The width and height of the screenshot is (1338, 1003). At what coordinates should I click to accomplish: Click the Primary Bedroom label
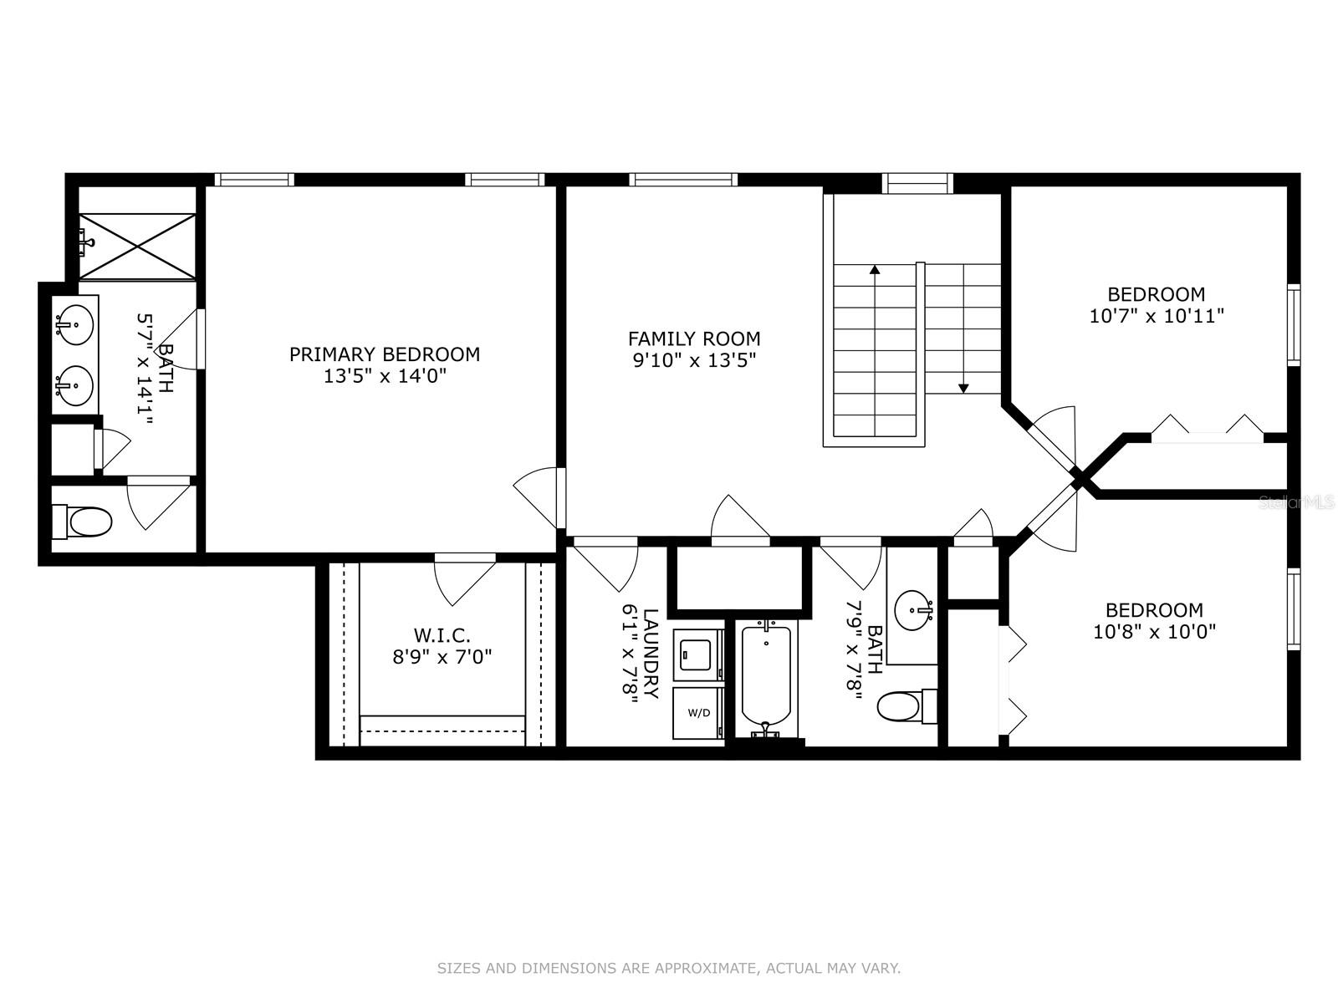point(384,354)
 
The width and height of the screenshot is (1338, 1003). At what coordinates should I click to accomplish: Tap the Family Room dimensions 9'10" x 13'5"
point(694,360)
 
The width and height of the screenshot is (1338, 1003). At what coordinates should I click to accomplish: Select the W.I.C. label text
point(442,635)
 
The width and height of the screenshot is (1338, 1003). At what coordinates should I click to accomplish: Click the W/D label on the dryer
point(698,712)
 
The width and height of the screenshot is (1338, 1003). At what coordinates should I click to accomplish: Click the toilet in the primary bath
point(82,522)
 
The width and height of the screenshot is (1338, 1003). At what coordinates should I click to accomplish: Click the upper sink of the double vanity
point(74,324)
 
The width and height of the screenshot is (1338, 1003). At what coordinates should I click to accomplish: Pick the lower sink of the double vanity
point(74,385)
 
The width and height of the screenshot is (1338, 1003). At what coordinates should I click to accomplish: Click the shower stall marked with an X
point(137,246)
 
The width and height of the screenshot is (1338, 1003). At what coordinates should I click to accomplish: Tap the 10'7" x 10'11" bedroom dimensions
point(1157,316)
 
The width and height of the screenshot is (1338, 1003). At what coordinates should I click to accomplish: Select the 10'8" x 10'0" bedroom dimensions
point(1154,632)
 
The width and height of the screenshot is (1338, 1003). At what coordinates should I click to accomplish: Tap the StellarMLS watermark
point(1296,502)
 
